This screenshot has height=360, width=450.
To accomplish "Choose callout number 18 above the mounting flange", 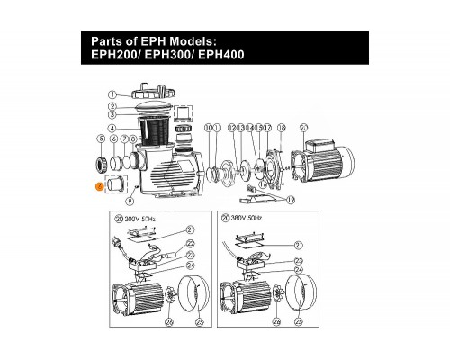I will [281, 129].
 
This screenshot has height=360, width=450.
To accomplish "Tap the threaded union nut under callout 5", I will [101, 165].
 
